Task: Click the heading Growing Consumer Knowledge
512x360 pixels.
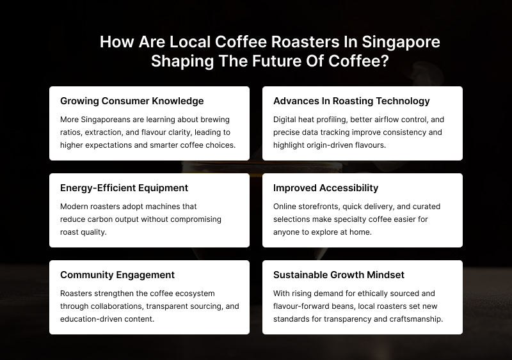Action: [132, 101]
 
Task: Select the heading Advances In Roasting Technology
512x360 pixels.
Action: [351, 101]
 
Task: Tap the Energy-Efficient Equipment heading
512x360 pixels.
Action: [124, 188]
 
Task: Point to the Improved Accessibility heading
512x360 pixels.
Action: [326, 188]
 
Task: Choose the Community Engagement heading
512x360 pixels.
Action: [117, 275]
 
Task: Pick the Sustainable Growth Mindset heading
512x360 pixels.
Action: [339, 275]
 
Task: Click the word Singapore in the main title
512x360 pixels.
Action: [401, 42]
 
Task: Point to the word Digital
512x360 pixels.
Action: [286, 120]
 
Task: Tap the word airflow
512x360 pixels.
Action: [379, 120]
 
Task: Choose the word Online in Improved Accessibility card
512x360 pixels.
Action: [287, 207]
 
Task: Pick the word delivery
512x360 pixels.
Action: [384, 207]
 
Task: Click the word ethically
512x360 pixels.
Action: [371, 293]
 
